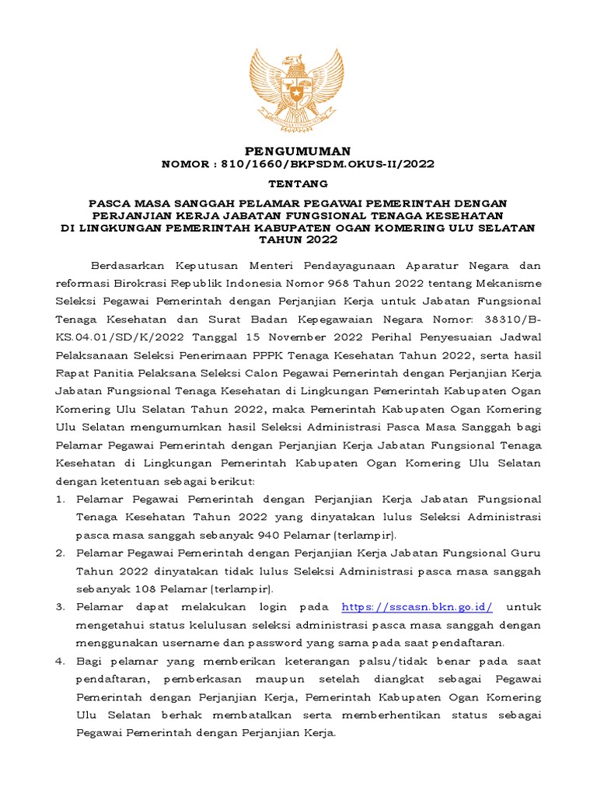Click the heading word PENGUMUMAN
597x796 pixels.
(x=298, y=150)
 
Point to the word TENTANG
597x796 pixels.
(x=298, y=184)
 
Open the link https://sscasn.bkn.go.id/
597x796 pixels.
(x=417, y=606)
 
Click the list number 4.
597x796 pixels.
(x=61, y=660)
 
